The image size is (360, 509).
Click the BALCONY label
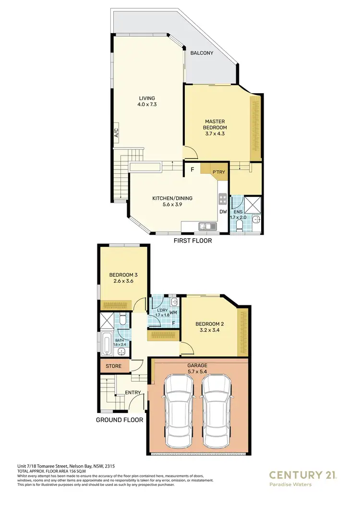pos(202,53)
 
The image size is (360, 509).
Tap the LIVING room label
pos(147,98)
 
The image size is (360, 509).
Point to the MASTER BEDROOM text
pos(216,124)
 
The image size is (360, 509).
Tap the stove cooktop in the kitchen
pos(223,198)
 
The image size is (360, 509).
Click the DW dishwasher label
pos(223,212)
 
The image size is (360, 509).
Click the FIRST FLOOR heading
pos(192,241)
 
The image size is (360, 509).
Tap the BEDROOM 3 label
pos(123,275)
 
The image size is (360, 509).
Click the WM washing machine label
pos(173,313)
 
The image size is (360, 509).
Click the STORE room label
pos(113,366)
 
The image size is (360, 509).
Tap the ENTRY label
pos(133,393)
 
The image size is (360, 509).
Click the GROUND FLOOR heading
pos(120,420)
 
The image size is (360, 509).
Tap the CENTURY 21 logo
pos(303,475)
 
